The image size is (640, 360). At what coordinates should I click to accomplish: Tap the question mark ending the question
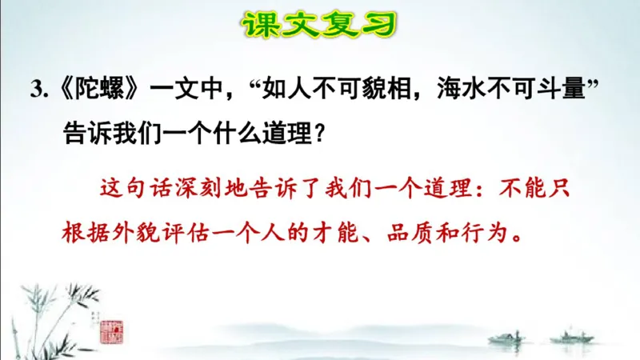[x=318, y=133]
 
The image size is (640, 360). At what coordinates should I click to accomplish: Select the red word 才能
[x=348, y=233]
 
